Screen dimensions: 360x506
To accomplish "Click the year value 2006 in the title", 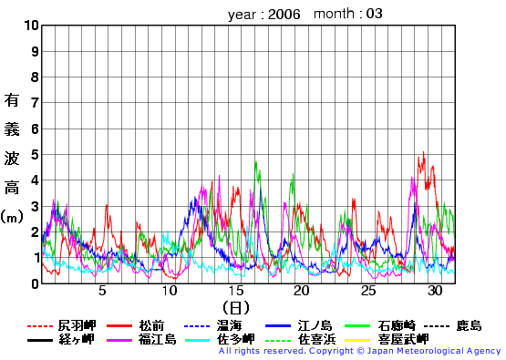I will point(284,15).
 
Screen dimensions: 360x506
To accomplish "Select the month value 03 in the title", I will point(375,15).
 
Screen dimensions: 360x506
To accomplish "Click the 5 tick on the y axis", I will point(35,155).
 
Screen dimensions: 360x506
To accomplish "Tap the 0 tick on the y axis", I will point(35,283).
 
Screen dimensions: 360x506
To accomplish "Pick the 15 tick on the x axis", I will point(235,291).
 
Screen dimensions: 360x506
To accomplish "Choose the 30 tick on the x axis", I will point(434,291).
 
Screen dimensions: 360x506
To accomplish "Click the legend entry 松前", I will point(152,325).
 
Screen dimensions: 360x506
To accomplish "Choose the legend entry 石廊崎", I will point(397,325).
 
